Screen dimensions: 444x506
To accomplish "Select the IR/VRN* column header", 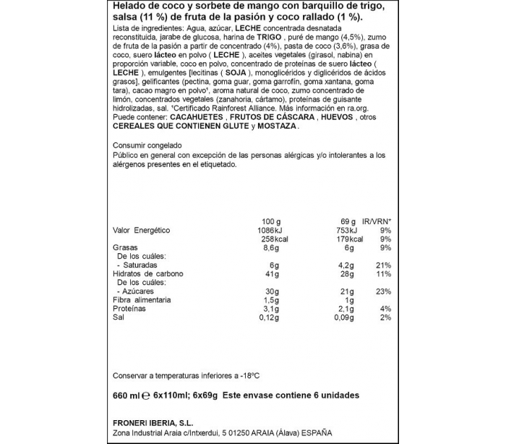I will tap(377, 221).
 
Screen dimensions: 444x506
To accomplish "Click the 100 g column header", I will tap(270, 221).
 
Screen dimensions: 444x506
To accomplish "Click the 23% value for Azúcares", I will tap(383, 291).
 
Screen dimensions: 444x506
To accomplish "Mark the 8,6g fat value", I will tap(270, 247).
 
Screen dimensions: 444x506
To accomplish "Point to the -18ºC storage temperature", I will tap(249, 376).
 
